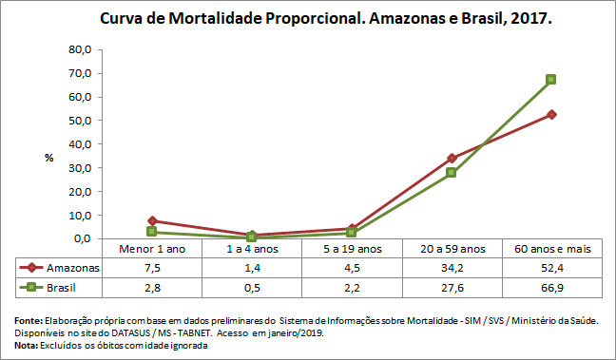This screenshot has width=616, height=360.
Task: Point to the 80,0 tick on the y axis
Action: (x=77, y=49)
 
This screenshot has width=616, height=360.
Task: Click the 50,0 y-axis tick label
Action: (x=77, y=121)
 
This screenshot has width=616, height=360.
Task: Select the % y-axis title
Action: (x=48, y=158)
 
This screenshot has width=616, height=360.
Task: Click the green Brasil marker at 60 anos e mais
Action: (x=550, y=80)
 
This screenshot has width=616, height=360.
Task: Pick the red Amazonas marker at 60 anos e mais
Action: (x=550, y=114)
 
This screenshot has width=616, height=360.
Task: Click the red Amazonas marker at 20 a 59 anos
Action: (x=452, y=158)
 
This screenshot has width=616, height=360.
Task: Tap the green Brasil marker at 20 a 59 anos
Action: (x=452, y=173)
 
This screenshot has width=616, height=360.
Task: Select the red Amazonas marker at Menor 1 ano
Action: (x=152, y=220)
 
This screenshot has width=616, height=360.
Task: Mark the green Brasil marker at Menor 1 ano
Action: (x=152, y=232)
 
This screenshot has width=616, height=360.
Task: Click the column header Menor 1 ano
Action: (x=152, y=249)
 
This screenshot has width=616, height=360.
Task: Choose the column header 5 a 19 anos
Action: (x=351, y=249)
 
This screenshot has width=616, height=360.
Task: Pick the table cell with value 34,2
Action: (x=451, y=268)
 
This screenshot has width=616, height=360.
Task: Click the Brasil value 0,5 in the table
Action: (x=251, y=287)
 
